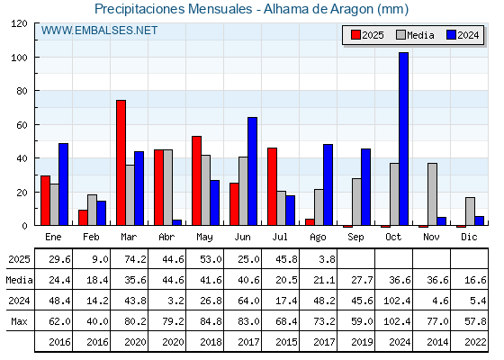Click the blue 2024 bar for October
tap(404, 139)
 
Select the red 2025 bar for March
tap(121, 163)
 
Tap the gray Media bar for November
tap(432, 194)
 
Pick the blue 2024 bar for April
tap(177, 222)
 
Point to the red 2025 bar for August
tap(310, 222)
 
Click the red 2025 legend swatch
tap(355, 35)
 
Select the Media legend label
tap(420, 35)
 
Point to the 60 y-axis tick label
tap(22, 125)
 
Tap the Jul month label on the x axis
tap(280, 237)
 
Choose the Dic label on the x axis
tap(469, 237)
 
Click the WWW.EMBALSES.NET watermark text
tap(99, 31)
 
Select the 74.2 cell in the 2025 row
tap(135, 259)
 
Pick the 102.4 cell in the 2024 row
tap(397, 301)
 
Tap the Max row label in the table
tap(19, 321)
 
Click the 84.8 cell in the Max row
tap(211, 321)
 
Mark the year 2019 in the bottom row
tap(362, 342)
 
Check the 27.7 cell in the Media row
tap(362, 280)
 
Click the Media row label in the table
tap(19, 280)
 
